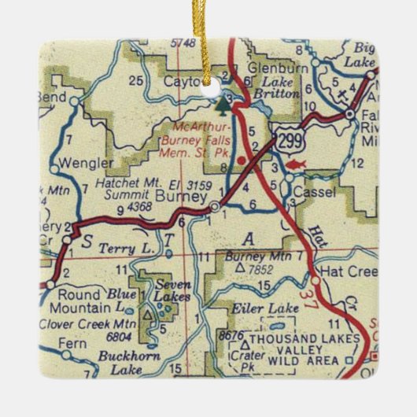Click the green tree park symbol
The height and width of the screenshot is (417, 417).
point(226,102)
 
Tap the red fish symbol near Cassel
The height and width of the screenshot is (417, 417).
point(296,164)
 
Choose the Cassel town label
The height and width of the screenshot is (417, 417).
point(315,192)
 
